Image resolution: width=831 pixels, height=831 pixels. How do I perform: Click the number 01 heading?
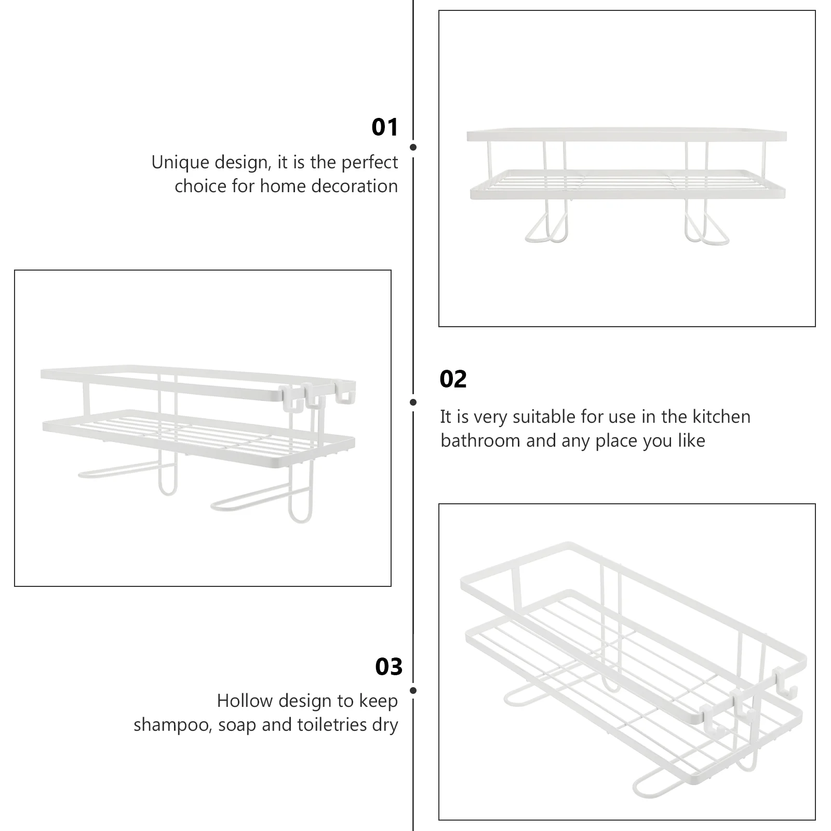coord(385,127)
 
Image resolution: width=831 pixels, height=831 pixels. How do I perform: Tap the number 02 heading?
coord(453,379)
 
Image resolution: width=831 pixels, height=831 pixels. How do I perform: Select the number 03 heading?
coord(389,667)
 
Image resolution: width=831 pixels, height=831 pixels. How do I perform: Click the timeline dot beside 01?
coord(413,148)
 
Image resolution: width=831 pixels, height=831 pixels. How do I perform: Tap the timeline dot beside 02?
coord(413,402)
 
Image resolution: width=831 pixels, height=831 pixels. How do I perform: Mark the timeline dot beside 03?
coord(413,691)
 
